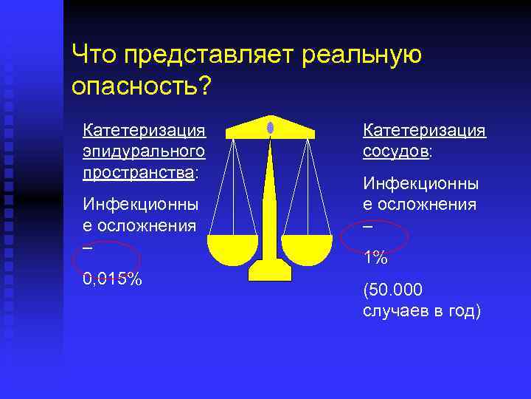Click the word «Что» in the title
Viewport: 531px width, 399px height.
coord(95,55)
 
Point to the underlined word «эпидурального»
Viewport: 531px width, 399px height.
coord(144,151)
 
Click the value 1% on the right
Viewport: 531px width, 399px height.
coord(375,257)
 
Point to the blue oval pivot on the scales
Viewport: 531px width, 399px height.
coord(270,127)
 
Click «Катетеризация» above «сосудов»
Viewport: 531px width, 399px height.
coord(424,130)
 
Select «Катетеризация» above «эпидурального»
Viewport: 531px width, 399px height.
coord(144,130)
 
